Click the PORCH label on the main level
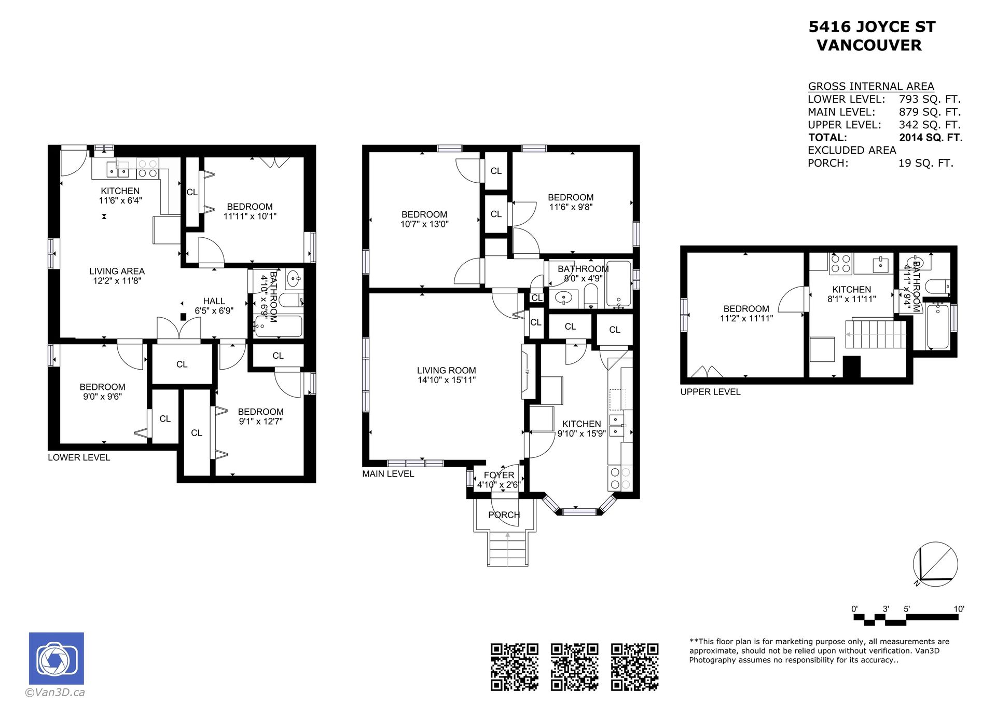pyautogui.click(x=504, y=515)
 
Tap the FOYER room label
pyautogui.click(x=499, y=475)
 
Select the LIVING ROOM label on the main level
pyautogui.click(x=446, y=371)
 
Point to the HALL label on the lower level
pyautogui.click(x=214, y=301)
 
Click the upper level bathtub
pyautogui.click(x=937, y=327)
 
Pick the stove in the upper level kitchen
pyautogui.click(x=840, y=263)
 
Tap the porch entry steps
pyautogui.click(x=507, y=549)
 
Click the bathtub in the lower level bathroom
pyautogui.click(x=279, y=327)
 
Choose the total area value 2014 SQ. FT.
pyautogui.click(x=931, y=138)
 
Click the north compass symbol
pyautogui.click(x=935, y=564)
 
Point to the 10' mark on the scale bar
pyautogui.click(x=959, y=609)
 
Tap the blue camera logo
pyautogui.click(x=57, y=658)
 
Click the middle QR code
pyautogui.click(x=574, y=667)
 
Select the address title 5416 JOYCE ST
pyautogui.click(x=872, y=27)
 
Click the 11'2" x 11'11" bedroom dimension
pyautogui.click(x=746, y=318)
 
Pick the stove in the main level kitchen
pyautogui.click(x=620, y=478)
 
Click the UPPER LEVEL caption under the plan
pyautogui.click(x=710, y=392)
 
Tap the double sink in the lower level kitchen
pyautogui.click(x=118, y=169)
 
